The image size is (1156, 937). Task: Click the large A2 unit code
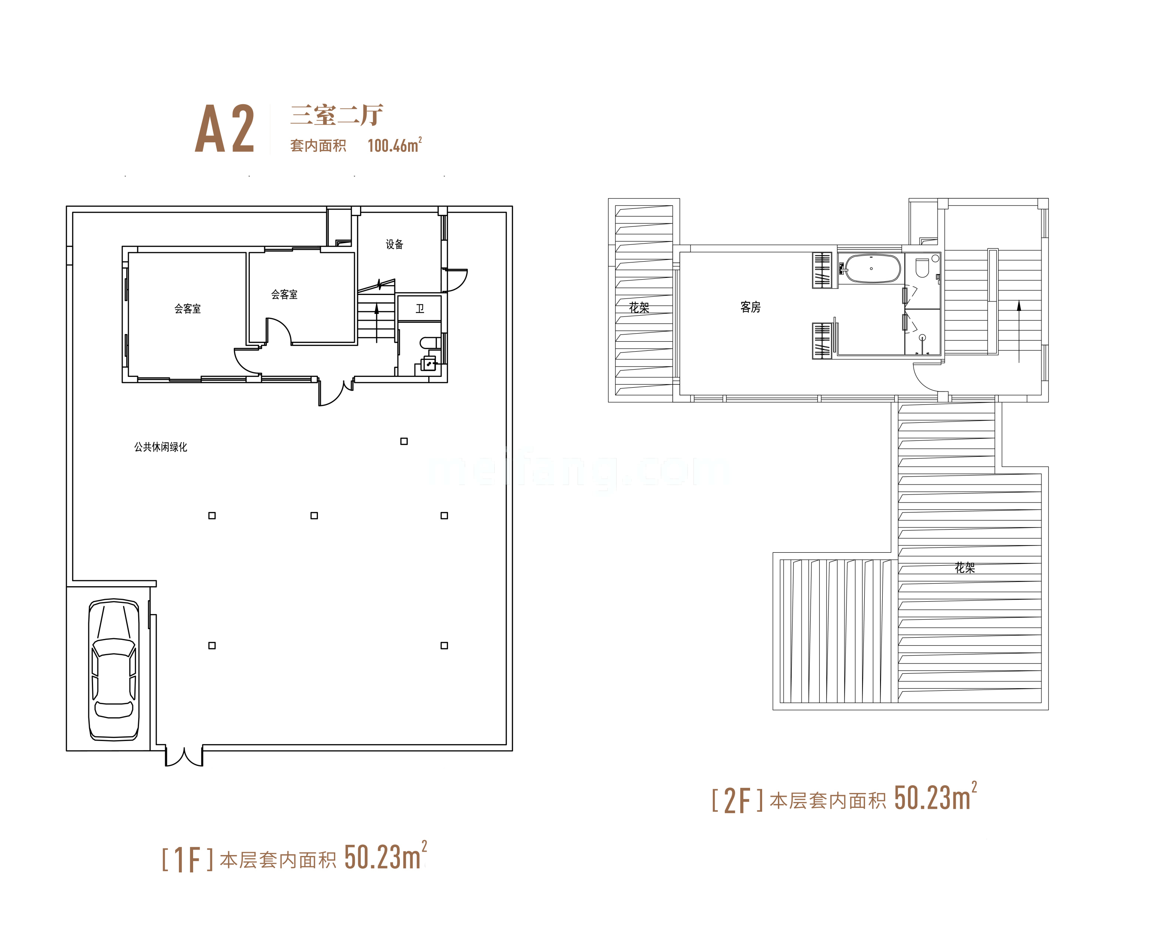click(x=224, y=129)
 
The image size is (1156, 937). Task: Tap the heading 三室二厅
click(x=337, y=115)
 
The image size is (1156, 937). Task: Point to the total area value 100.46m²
click(x=395, y=145)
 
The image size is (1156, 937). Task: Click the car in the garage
click(x=114, y=669)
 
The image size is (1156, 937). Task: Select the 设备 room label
click(x=394, y=244)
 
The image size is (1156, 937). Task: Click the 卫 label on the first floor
click(x=420, y=308)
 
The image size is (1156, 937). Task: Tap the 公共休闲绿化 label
click(x=160, y=447)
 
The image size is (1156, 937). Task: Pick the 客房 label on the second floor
click(x=750, y=307)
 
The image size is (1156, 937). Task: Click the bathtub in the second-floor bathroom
click(x=872, y=268)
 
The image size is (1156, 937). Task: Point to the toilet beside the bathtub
click(x=922, y=267)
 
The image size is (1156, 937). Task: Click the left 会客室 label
click(x=188, y=309)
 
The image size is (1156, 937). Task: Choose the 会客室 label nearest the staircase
click(x=284, y=294)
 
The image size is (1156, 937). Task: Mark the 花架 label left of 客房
click(x=639, y=307)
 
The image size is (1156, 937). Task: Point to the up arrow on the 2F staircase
click(x=1019, y=331)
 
